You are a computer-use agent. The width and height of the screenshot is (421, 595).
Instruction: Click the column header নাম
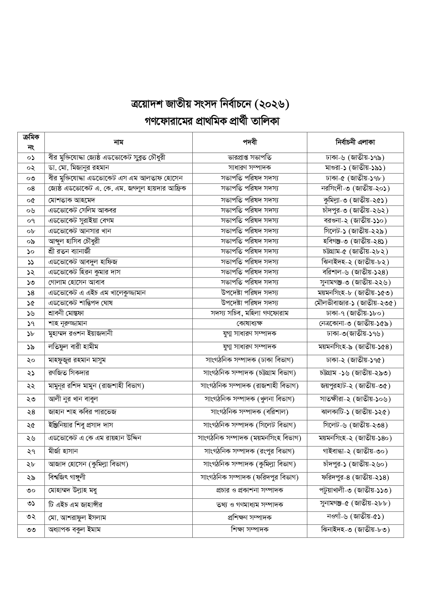click(x=118, y=142)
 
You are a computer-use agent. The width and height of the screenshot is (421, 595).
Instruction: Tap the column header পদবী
click(x=250, y=142)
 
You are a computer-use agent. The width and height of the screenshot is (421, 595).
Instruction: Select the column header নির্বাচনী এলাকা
click(x=355, y=142)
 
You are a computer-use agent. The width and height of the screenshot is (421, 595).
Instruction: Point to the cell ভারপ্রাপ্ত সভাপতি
click(x=250, y=158)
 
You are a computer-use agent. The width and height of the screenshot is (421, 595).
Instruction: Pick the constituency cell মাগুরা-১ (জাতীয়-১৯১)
click(x=355, y=168)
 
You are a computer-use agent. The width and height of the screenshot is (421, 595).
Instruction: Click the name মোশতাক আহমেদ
click(x=72, y=200)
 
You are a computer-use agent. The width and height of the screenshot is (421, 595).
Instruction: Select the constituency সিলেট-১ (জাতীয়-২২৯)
click(x=355, y=231)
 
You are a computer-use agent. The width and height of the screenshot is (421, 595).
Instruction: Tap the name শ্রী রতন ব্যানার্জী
click(x=70, y=251)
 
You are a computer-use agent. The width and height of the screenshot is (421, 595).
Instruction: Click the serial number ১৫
click(x=31, y=303)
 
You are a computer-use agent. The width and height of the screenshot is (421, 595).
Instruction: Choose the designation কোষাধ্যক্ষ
click(x=250, y=323)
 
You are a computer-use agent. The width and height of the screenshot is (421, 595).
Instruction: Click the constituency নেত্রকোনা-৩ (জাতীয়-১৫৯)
click(x=355, y=323)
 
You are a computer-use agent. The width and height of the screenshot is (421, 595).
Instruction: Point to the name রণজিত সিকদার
click(x=69, y=373)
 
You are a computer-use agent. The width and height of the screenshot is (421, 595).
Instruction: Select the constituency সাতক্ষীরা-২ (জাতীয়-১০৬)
click(x=355, y=399)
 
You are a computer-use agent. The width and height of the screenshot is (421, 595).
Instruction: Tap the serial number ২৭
click(x=31, y=452)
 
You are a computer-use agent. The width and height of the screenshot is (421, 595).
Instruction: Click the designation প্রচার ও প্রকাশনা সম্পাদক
click(x=250, y=491)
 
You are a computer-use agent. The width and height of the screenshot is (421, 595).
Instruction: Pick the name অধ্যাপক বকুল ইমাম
click(x=75, y=530)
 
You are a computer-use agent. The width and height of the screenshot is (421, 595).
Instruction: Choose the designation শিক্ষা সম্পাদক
click(x=250, y=530)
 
